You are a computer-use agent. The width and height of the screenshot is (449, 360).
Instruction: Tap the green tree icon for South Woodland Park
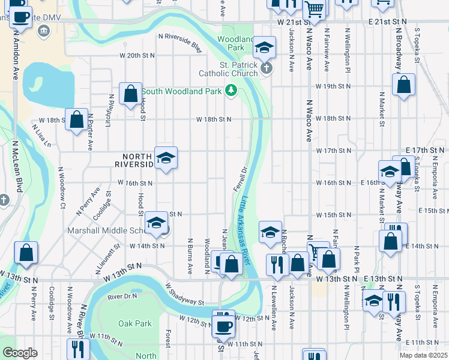[232, 91]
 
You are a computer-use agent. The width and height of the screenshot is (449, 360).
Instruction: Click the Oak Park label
[135, 323]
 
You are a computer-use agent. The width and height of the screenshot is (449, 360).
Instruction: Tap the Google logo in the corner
[20, 353]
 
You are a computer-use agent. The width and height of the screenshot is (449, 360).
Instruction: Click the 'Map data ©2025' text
[423, 355]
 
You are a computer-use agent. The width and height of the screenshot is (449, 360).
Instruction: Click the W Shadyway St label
[185, 294]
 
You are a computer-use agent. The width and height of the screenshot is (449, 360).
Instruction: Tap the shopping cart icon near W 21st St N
[314, 8]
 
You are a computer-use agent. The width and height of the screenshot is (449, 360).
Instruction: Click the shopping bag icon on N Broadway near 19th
[404, 85]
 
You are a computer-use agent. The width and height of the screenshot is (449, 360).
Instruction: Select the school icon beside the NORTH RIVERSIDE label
[166, 158]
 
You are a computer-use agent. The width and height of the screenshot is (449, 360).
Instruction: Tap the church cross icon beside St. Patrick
[267, 69]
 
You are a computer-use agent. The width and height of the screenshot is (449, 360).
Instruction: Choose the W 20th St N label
[137, 55]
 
